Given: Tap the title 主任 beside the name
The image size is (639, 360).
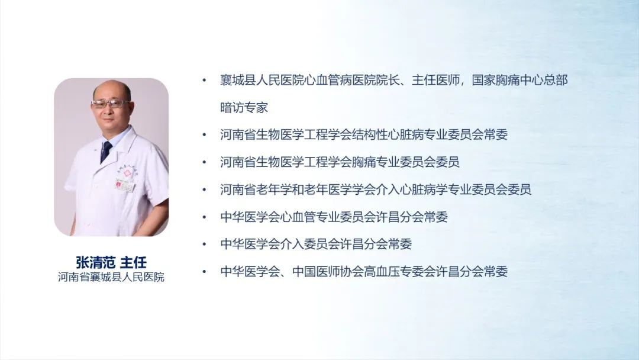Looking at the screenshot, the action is click(133, 262).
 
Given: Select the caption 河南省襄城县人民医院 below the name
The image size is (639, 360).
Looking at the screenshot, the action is click(111, 277).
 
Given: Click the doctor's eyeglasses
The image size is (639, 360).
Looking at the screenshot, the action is click(109, 104).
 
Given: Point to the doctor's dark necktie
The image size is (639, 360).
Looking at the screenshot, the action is click(106, 152).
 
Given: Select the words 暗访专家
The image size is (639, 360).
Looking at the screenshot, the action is click(244, 107).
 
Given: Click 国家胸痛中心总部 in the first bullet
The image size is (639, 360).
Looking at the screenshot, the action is click(519, 80).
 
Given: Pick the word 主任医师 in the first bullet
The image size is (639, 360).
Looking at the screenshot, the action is click(435, 80).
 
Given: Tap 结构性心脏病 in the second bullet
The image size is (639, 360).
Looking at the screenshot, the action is click(388, 134).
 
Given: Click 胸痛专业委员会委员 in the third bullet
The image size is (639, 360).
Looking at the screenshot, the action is click(405, 162).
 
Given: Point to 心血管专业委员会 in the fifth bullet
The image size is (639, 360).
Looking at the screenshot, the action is click(328, 217).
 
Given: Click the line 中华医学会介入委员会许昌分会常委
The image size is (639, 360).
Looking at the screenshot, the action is click(316, 244).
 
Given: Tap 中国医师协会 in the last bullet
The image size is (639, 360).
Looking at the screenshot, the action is click(328, 271).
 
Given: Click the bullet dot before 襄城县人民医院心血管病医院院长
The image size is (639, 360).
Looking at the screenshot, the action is click(205, 80).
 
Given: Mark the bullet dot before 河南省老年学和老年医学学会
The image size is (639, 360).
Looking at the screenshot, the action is click(205, 189).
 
